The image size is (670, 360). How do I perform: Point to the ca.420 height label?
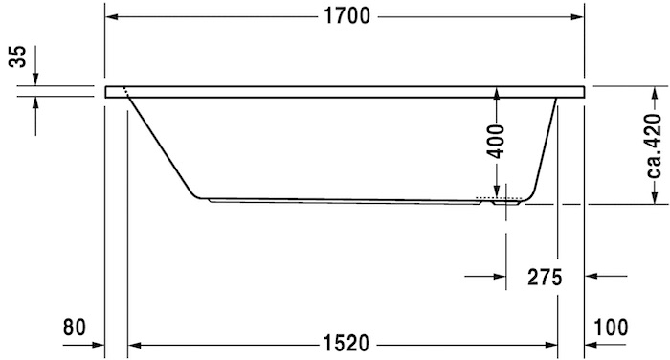pyautogui.click(x=655, y=145)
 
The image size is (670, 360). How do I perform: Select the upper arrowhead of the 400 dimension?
pyautogui.click(x=497, y=92)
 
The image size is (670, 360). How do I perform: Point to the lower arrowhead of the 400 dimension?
pyautogui.click(x=497, y=193)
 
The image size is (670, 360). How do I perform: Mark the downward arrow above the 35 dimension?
pyautogui.click(x=34, y=78)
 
